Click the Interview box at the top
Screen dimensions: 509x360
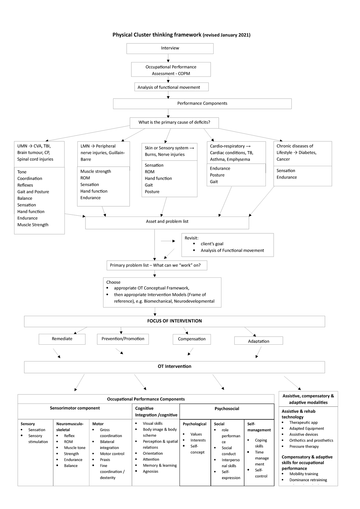pos(170,48)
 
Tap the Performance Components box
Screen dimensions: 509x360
pos(202,103)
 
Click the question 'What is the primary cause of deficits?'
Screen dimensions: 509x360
pos(174,122)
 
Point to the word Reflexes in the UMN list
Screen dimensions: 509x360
pos(25,185)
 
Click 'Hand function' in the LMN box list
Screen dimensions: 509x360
pos(94,191)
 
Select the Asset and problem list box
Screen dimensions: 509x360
pos(167,222)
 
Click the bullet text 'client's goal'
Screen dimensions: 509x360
pos(212,244)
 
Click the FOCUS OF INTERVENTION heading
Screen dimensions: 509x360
pos(174,321)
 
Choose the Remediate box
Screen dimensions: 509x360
pos(62,339)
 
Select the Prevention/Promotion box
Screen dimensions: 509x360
pos(123,339)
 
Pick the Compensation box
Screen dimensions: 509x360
pos(192,339)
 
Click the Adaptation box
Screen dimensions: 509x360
pos(258,341)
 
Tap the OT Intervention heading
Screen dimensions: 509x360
pos(174,367)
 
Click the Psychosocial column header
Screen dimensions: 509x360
pos(227,409)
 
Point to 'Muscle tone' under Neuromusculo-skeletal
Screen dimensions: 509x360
pos(75,448)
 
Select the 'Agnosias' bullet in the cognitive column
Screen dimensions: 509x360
pos(150,472)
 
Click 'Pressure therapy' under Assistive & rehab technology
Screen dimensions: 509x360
pos(304,447)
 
